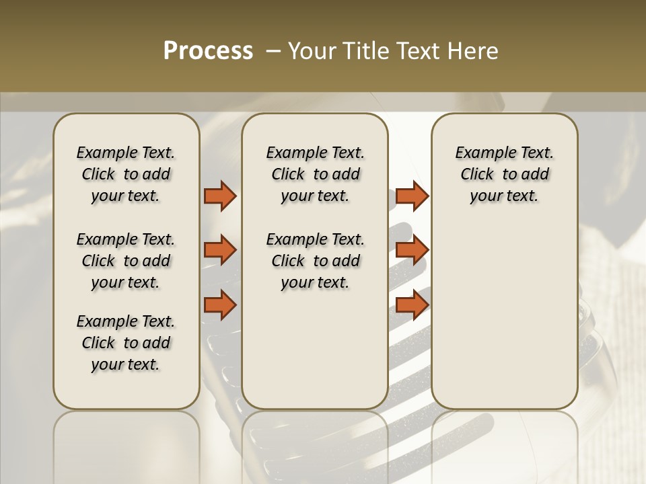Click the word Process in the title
click(x=208, y=51)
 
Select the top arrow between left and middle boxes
click(x=220, y=196)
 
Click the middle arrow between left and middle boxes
click(x=220, y=250)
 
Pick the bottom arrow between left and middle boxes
click(x=220, y=305)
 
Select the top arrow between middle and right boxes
click(x=412, y=196)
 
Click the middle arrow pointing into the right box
click(x=412, y=250)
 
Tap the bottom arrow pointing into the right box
click(x=412, y=305)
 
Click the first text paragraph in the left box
click(x=126, y=174)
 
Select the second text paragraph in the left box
click(x=126, y=261)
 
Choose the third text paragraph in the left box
click(x=126, y=343)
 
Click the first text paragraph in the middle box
click(x=315, y=174)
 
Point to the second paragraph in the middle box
click(x=315, y=261)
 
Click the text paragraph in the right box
click(x=504, y=174)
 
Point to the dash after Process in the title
click(x=273, y=51)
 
